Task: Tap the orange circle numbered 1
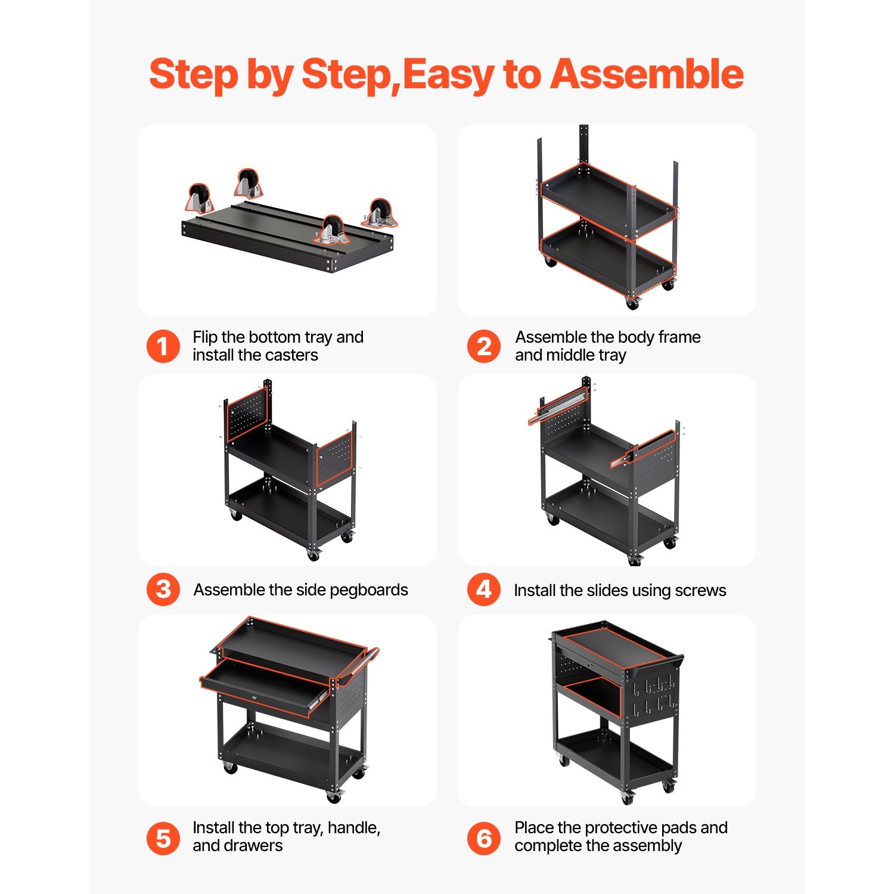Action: click(163, 346)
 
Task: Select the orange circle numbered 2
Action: click(484, 346)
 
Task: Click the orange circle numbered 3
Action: click(163, 589)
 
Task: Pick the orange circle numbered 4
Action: click(484, 589)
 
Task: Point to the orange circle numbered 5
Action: click(163, 839)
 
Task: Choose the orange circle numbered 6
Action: click(484, 839)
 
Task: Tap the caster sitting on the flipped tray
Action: click(332, 231)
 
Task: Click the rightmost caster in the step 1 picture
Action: click(379, 213)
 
